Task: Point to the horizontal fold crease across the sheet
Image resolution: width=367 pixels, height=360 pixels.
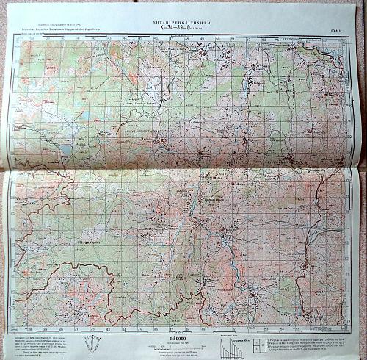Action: coord(183,168)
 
